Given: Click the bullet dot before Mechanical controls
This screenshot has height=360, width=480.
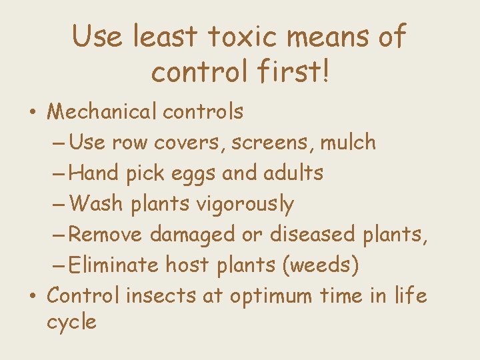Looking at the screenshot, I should coord(32,113).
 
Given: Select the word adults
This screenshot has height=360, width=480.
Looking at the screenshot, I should coord(293,173).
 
